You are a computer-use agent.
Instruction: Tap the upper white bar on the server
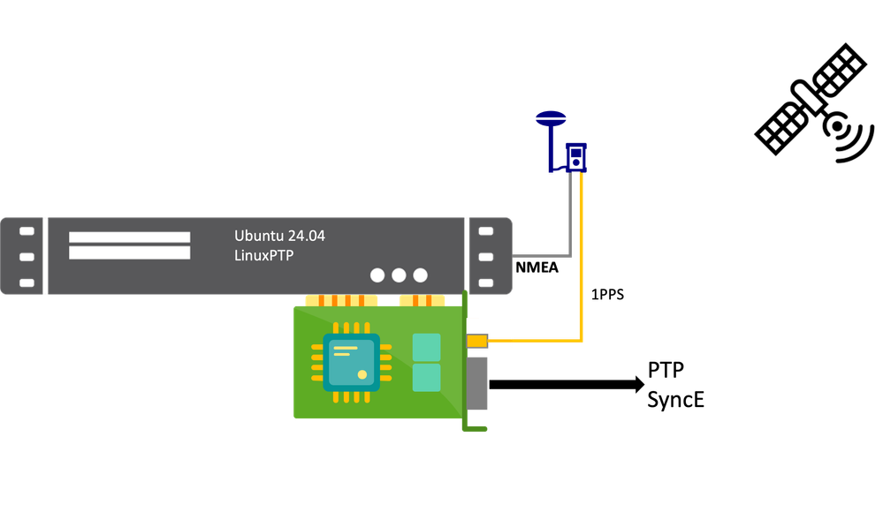click(x=129, y=237)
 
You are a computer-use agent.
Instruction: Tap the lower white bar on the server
click(x=129, y=253)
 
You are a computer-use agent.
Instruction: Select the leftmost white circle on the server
click(x=377, y=275)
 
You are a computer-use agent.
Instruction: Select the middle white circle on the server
click(x=399, y=275)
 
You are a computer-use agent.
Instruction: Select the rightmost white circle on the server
click(x=420, y=275)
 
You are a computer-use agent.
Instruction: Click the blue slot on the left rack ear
click(x=27, y=282)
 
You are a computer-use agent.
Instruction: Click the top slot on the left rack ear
click(x=27, y=231)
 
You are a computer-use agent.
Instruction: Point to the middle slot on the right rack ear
click(x=485, y=257)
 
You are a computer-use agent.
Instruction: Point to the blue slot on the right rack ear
click(x=485, y=282)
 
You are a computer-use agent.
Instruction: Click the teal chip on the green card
click(x=351, y=362)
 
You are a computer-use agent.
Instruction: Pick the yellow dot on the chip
click(x=362, y=375)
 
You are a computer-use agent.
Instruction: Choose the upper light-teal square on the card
click(x=426, y=347)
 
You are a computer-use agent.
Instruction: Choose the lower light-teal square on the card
click(x=426, y=378)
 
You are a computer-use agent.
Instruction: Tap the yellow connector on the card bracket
click(x=476, y=341)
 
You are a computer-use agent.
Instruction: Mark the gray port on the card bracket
click(x=477, y=384)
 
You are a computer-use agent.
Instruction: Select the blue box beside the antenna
click(x=575, y=157)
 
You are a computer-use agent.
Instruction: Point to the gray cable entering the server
click(x=539, y=256)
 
